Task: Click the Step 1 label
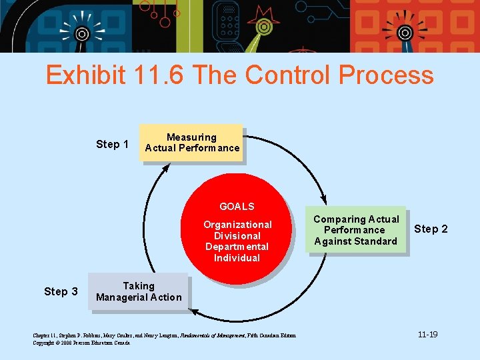112,145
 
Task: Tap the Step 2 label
431,229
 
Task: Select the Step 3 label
61,291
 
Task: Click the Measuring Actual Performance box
192,143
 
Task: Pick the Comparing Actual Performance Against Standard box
356,230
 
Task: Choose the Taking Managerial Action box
139,291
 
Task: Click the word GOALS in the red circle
237,207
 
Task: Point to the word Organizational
237,225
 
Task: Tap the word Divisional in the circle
237,236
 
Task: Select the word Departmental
237,247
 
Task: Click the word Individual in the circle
237,258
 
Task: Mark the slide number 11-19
427,334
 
